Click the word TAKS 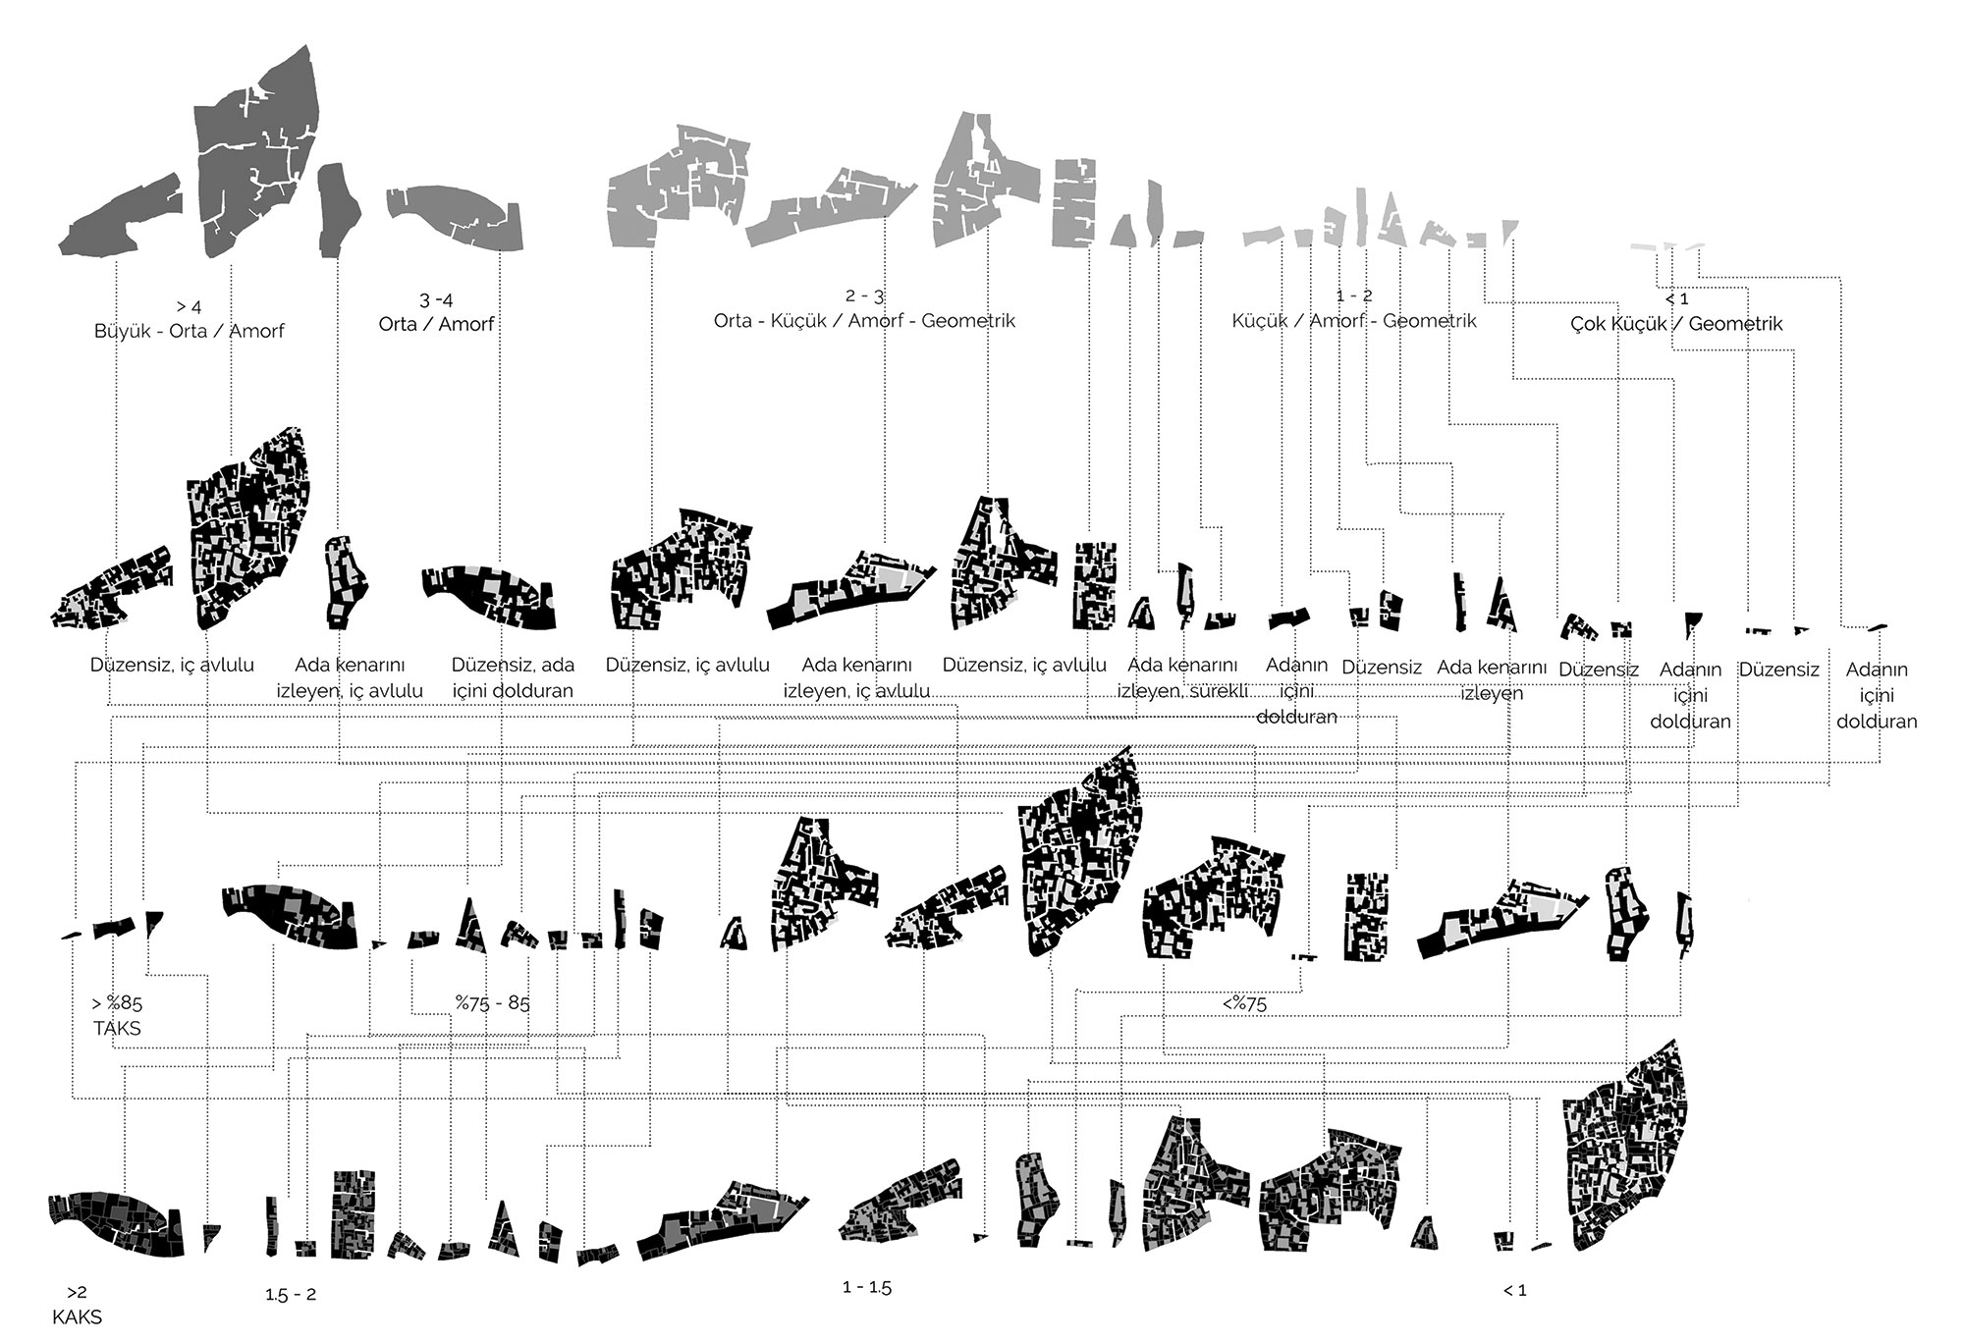(117, 1029)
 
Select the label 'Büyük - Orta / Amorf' (189, 331)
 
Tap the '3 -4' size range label (436, 299)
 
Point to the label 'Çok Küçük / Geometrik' (1676, 323)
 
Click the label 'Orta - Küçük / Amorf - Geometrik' (864, 321)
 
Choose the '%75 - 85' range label (492, 1003)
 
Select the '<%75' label (1244, 1003)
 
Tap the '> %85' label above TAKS (117, 1003)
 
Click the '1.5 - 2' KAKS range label (291, 1295)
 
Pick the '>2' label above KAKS (77, 1293)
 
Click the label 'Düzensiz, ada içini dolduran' (513, 677)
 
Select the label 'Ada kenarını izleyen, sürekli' (1182, 678)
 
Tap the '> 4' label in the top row (190, 306)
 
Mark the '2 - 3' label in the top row (864, 295)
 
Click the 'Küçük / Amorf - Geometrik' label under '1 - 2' (1354, 321)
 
